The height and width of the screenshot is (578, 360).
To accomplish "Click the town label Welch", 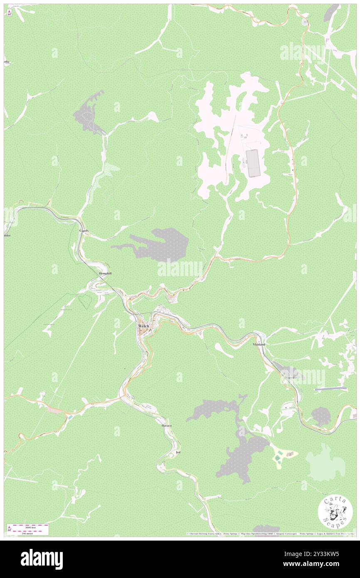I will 143,326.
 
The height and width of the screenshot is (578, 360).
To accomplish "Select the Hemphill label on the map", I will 106,273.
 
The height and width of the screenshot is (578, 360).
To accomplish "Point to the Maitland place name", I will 259,345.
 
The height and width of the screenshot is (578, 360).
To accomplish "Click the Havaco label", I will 166,426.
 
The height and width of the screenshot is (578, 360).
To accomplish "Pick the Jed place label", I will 178,452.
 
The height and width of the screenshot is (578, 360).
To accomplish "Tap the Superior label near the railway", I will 291,377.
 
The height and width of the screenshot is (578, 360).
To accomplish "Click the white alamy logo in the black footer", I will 42,559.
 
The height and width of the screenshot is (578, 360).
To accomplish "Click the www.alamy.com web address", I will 316,564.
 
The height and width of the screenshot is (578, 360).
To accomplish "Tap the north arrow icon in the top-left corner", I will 9,13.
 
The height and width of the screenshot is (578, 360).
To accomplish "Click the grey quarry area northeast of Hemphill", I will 160,245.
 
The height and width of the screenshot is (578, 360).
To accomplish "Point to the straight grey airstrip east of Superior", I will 330,389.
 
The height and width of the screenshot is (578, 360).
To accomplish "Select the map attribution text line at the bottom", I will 270,534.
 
